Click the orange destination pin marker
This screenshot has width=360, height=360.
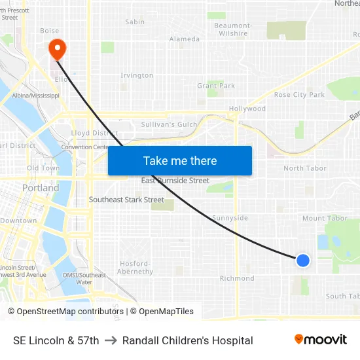tap(57, 48)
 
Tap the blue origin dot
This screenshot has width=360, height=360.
tap(302, 261)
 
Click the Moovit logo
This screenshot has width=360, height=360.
tap(321, 339)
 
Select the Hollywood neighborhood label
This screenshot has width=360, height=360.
tap(247, 109)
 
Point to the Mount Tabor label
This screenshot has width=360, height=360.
tap(325, 218)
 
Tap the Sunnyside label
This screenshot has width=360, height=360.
tap(230, 218)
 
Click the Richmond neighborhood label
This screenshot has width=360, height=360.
tap(236, 278)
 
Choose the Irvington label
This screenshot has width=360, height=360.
tap(137, 75)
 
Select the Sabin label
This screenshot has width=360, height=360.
tap(135, 22)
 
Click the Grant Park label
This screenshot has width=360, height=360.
tap(216, 86)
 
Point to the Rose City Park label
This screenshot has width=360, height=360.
tap(299, 95)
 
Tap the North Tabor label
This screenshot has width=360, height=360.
tap(304, 168)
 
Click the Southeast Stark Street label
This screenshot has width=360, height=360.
tap(126, 200)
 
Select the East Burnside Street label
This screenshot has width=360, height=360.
tap(175, 181)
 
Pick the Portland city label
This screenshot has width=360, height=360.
tap(41, 188)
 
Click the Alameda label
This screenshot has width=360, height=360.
tap(185, 39)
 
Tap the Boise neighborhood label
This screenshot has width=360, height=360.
tap(49, 30)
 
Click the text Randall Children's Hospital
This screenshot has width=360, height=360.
tap(187, 340)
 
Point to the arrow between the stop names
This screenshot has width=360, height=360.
tap(111, 340)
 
